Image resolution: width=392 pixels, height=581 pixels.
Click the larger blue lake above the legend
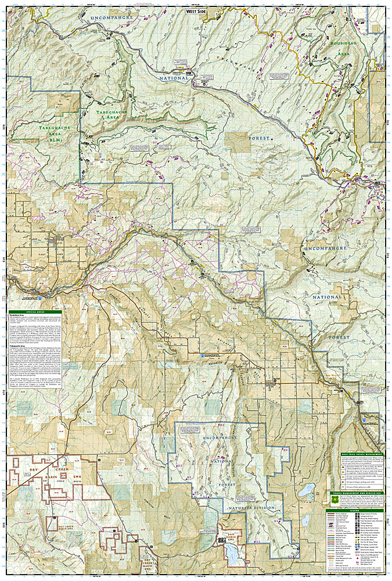(x=306, y=492)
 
